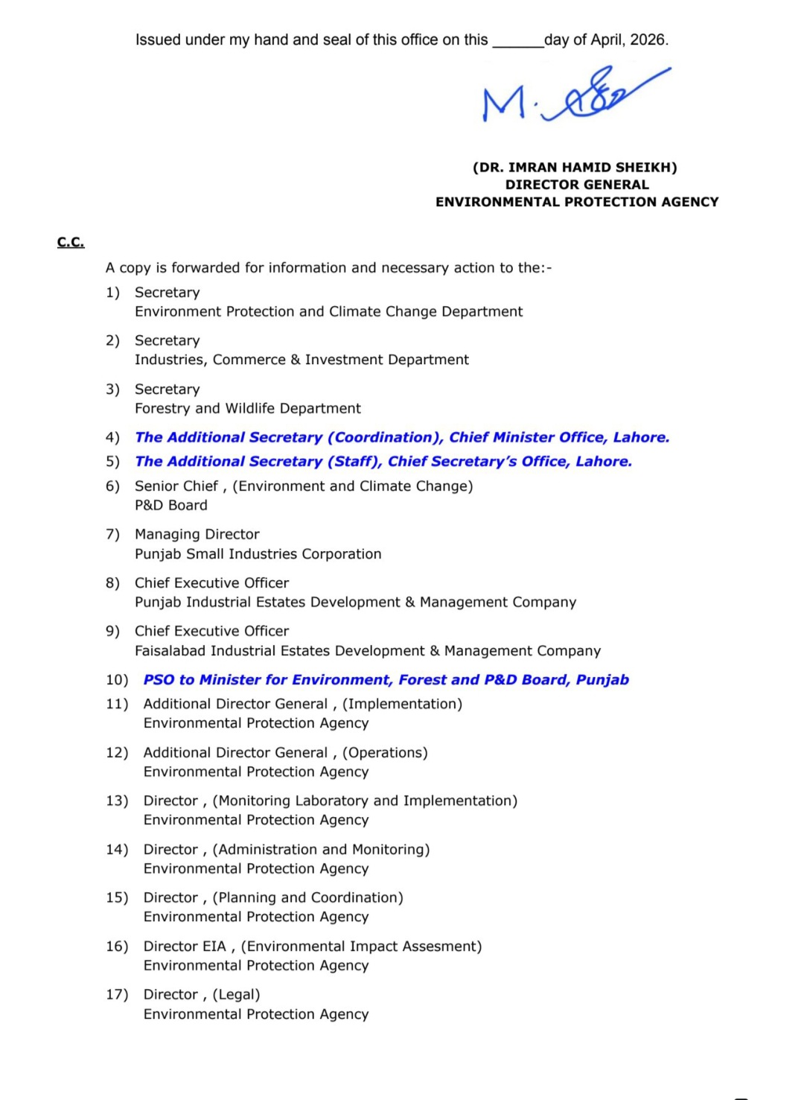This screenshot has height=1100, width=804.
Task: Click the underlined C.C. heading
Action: (71, 242)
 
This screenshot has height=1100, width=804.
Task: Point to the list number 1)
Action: (112, 293)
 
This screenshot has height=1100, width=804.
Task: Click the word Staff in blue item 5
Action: (354, 462)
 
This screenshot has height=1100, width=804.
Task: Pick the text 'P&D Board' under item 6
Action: (171, 506)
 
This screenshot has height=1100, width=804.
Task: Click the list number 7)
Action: (112, 535)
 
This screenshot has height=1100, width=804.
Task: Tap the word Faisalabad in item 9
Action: (170, 651)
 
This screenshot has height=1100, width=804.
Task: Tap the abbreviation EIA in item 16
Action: (214, 947)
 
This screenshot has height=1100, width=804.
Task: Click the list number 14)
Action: (117, 850)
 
